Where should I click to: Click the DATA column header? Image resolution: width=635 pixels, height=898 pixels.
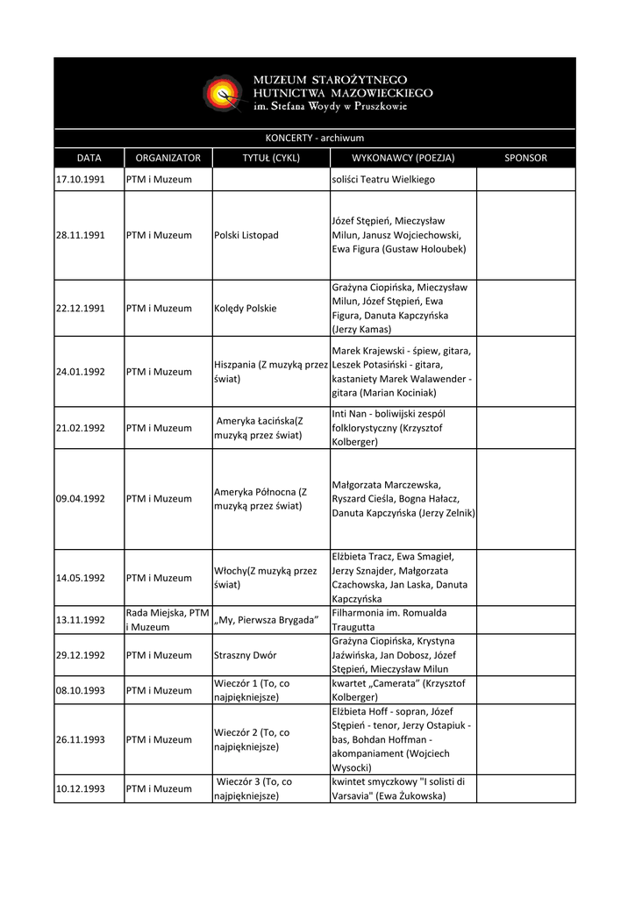tap(89, 158)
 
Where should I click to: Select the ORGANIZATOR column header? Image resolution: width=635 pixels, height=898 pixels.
tap(168, 158)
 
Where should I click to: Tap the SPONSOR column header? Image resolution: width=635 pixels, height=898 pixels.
tap(525, 158)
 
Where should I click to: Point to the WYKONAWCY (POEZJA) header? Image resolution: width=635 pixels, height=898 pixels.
tap(403, 158)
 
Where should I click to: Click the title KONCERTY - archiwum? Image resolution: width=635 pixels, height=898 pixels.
tap(314, 138)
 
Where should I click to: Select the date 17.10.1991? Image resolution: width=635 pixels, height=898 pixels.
tap(81, 179)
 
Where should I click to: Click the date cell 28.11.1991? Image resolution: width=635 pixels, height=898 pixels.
tap(81, 235)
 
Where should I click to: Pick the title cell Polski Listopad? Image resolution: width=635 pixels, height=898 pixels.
tap(246, 235)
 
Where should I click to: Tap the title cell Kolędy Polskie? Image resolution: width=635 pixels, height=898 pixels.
tap(246, 308)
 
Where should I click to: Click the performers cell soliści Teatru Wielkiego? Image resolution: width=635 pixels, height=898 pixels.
tap(383, 179)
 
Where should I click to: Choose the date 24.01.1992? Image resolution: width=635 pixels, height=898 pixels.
tap(81, 371)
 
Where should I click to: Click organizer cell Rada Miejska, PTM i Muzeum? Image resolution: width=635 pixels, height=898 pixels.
tap(167, 620)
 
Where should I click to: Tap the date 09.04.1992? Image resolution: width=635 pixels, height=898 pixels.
tap(81, 498)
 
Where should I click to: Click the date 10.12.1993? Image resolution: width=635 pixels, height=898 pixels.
tap(81, 788)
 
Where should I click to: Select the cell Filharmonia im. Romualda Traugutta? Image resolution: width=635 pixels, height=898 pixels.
tap(389, 620)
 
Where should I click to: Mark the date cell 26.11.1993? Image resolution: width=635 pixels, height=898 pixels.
tap(81, 739)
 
